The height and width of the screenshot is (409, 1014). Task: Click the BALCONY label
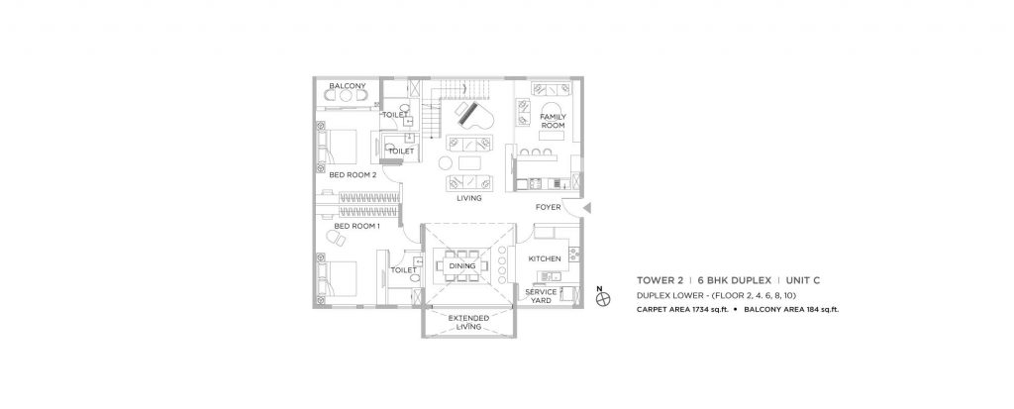click(349, 86)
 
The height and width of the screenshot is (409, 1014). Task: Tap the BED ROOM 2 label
click(353, 174)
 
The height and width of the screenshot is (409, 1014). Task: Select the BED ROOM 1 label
click(357, 227)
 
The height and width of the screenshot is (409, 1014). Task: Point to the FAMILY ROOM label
click(552, 122)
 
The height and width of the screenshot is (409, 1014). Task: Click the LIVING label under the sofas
click(469, 198)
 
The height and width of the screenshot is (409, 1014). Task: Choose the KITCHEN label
click(545, 258)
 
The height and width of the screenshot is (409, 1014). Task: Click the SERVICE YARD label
click(540, 296)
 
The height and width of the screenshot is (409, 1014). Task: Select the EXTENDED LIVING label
click(468, 322)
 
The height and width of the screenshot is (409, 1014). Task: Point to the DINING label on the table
click(462, 266)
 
